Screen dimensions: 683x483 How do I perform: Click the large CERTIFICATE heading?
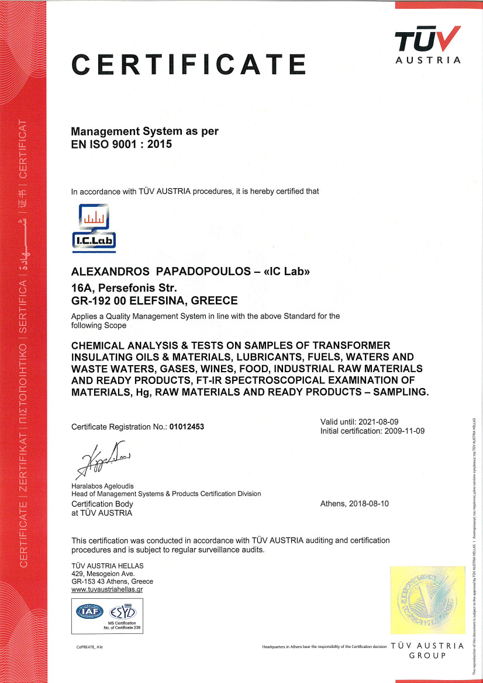189,64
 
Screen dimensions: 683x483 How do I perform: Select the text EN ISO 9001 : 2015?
122,144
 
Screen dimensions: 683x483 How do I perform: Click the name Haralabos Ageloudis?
102,486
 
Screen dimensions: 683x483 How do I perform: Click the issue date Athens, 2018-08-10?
354,504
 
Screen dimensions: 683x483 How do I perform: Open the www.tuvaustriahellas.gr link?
107,590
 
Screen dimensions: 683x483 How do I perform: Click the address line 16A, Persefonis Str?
124,287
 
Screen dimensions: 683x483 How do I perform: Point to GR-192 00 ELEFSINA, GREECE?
154,301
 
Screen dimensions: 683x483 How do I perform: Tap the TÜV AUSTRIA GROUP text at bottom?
427,651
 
